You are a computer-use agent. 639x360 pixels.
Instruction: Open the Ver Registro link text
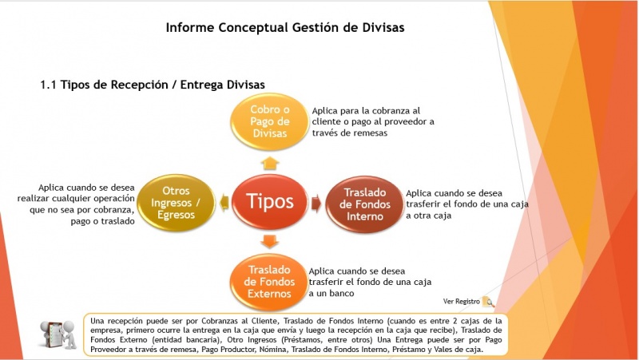coord(462,302)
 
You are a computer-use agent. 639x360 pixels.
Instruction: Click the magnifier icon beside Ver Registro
coord(489,303)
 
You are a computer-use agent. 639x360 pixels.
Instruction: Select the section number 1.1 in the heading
coord(48,84)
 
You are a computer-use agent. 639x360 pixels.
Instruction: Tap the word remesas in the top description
coord(368,133)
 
